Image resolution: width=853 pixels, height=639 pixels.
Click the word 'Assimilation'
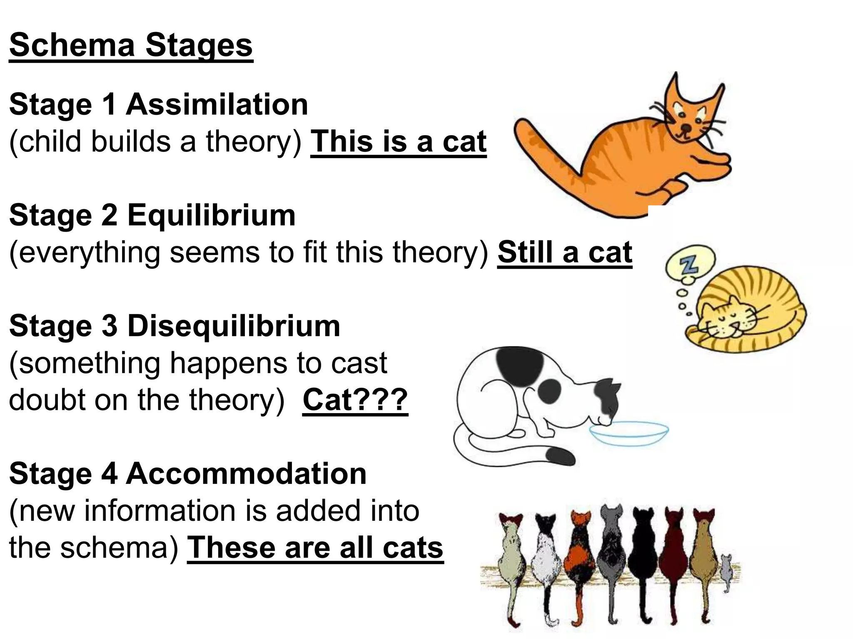(217, 104)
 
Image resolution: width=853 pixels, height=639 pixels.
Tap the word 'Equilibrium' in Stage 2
(211, 215)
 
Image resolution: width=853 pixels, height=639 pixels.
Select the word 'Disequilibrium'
(234, 326)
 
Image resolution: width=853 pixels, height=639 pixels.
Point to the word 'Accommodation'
(246, 474)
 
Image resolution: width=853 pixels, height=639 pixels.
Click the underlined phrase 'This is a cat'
(399, 141)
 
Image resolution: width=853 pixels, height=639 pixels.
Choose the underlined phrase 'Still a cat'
(565, 252)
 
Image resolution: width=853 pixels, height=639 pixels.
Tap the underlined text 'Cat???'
(355, 400)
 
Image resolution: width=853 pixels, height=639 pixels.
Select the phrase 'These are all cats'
(315, 547)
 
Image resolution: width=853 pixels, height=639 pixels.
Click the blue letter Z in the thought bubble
(690, 264)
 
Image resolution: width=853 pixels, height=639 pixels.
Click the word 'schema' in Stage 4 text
(115, 547)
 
